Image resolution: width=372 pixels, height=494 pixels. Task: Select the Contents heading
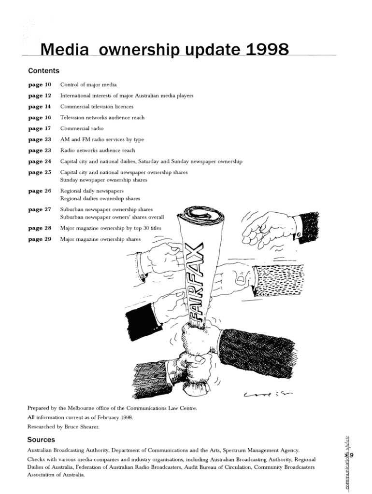[x=43, y=71]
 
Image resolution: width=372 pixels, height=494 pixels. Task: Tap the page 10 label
[x=40, y=85]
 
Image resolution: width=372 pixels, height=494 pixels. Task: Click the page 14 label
[x=40, y=107]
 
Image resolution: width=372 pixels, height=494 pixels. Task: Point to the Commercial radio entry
[x=82, y=128]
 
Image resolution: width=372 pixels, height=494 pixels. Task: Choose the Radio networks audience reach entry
[x=98, y=151]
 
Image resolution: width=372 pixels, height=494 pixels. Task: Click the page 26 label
[x=40, y=191]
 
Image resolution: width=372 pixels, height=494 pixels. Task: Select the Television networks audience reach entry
[x=102, y=118]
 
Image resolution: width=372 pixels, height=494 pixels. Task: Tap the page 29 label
[x=40, y=239]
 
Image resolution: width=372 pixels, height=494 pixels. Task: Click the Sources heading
[x=41, y=440]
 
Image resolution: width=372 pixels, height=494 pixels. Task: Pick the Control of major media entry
[x=88, y=85]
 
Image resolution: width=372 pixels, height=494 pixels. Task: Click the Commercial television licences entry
[x=97, y=107]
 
